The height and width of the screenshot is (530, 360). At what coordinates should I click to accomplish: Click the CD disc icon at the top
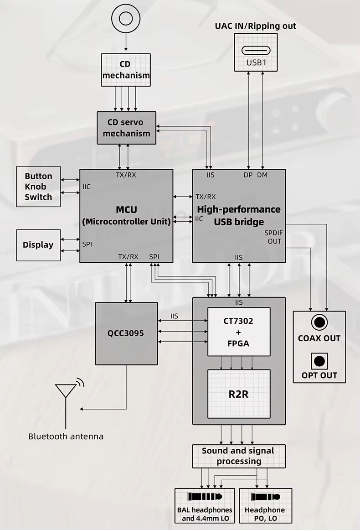coord(125,18)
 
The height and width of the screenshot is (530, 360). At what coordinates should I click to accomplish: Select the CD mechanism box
coord(125,70)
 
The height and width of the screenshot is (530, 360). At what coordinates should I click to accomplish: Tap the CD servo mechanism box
coord(126,128)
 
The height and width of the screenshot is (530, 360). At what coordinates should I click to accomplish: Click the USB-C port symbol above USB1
coord(256,50)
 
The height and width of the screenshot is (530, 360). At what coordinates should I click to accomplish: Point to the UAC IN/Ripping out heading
coord(255,26)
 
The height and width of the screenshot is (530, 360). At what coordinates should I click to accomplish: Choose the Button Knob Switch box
coord(38,187)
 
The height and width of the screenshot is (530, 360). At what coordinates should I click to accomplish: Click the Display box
coord(38,245)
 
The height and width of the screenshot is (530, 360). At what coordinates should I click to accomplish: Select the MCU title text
coord(126,210)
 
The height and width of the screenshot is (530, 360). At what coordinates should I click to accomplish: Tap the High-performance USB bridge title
coord(239,216)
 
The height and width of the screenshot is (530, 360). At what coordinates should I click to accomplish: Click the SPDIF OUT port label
coord(274,237)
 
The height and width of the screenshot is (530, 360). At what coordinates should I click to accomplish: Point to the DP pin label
coord(248,175)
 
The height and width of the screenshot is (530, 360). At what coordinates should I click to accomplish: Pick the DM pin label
coord(262,175)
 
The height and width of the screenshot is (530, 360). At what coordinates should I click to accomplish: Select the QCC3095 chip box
coord(126,333)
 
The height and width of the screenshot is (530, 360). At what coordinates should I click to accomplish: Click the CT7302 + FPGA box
coord(239,332)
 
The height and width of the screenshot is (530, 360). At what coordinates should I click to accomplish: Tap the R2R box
coord(239,394)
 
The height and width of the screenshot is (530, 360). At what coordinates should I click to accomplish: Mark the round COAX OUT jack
coord(319,323)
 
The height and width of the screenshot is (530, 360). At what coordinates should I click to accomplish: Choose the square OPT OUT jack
coord(319,361)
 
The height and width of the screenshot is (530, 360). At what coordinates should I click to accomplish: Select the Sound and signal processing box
coord(239,456)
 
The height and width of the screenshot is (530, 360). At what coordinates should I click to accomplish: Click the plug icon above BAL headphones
coord(204,497)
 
